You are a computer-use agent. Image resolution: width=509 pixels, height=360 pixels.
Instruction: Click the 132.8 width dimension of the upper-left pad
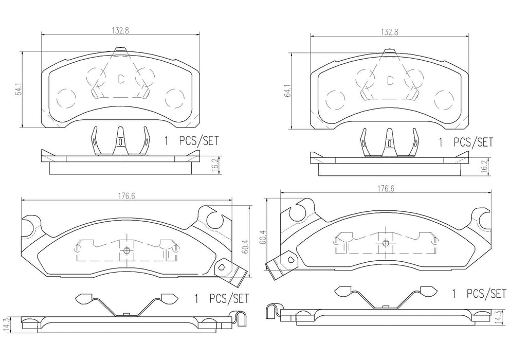(119, 30)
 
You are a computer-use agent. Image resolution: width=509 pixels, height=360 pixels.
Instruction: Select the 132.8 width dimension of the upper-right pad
(388, 31)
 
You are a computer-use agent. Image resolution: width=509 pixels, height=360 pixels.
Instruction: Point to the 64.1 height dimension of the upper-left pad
(19, 92)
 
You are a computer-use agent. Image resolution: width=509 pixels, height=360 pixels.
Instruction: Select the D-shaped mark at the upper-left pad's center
(121, 79)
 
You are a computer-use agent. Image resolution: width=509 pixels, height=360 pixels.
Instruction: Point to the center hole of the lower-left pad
(127, 251)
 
